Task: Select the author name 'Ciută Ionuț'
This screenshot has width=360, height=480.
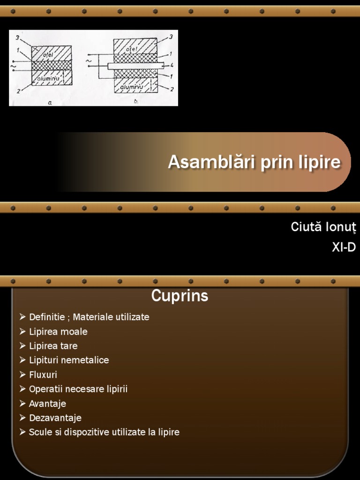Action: coord(323,227)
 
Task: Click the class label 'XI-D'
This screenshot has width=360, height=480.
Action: coord(344,248)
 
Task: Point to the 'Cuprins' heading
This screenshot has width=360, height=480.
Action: coord(180,296)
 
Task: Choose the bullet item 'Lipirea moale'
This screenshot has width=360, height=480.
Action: coord(58,331)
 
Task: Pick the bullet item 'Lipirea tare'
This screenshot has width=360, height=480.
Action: coord(53,346)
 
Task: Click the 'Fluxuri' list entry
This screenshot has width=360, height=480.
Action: coord(43,375)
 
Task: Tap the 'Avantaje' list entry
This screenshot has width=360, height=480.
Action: coord(47,404)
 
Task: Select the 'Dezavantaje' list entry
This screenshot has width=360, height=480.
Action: coord(55,418)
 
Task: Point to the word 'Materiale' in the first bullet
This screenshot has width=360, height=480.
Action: coord(91,317)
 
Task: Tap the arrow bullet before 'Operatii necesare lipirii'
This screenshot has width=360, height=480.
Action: coord(22,389)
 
